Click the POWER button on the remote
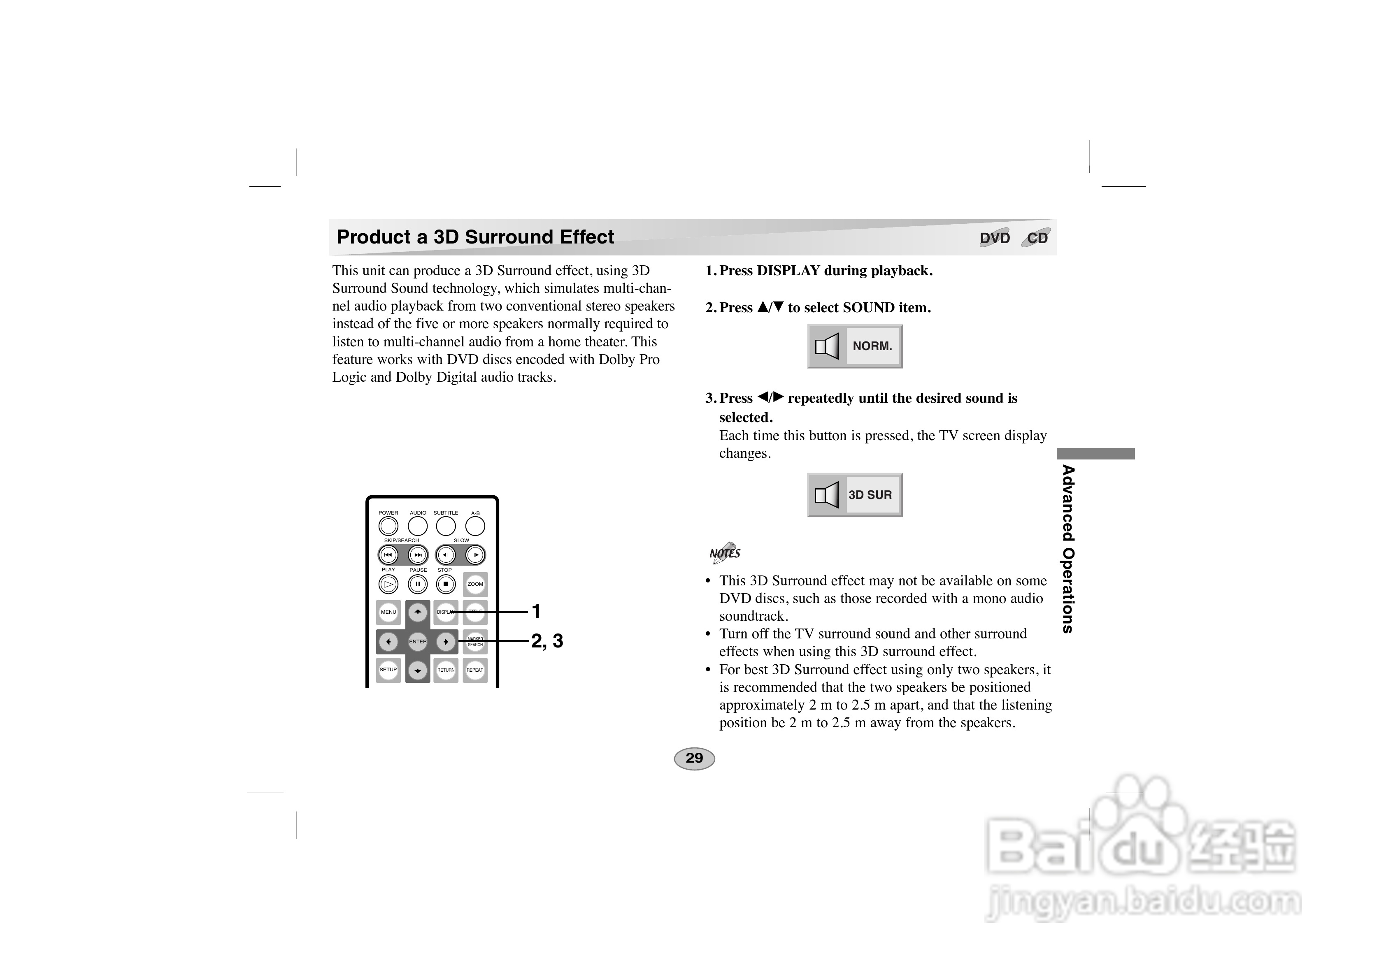(388, 526)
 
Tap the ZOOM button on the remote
(475, 584)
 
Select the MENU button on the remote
(388, 612)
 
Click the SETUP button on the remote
(388, 670)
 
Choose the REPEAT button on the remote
(475, 670)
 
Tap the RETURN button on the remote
(446, 670)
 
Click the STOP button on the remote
(446, 584)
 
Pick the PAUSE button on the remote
(418, 584)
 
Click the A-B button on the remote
(475, 526)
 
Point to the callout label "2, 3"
(547, 641)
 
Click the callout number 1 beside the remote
(535, 611)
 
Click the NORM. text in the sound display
(872, 346)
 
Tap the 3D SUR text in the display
(870, 495)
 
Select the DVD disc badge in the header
(995, 238)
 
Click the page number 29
(694, 759)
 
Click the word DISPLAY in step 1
(788, 271)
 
